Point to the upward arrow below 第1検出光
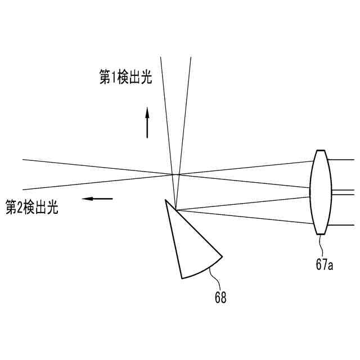click(x=147, y=123)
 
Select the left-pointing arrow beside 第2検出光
click(x=97, y=198)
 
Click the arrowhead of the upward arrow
click(x=147, y=111)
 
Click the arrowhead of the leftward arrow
click(x=84, y=198)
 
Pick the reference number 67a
click(x=325, y=265)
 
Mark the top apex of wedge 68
click(x=166, y=200)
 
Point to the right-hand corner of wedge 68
click(x=222, y=256)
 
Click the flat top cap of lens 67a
click(x=321, y=150)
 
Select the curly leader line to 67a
click(x=321, y=244)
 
